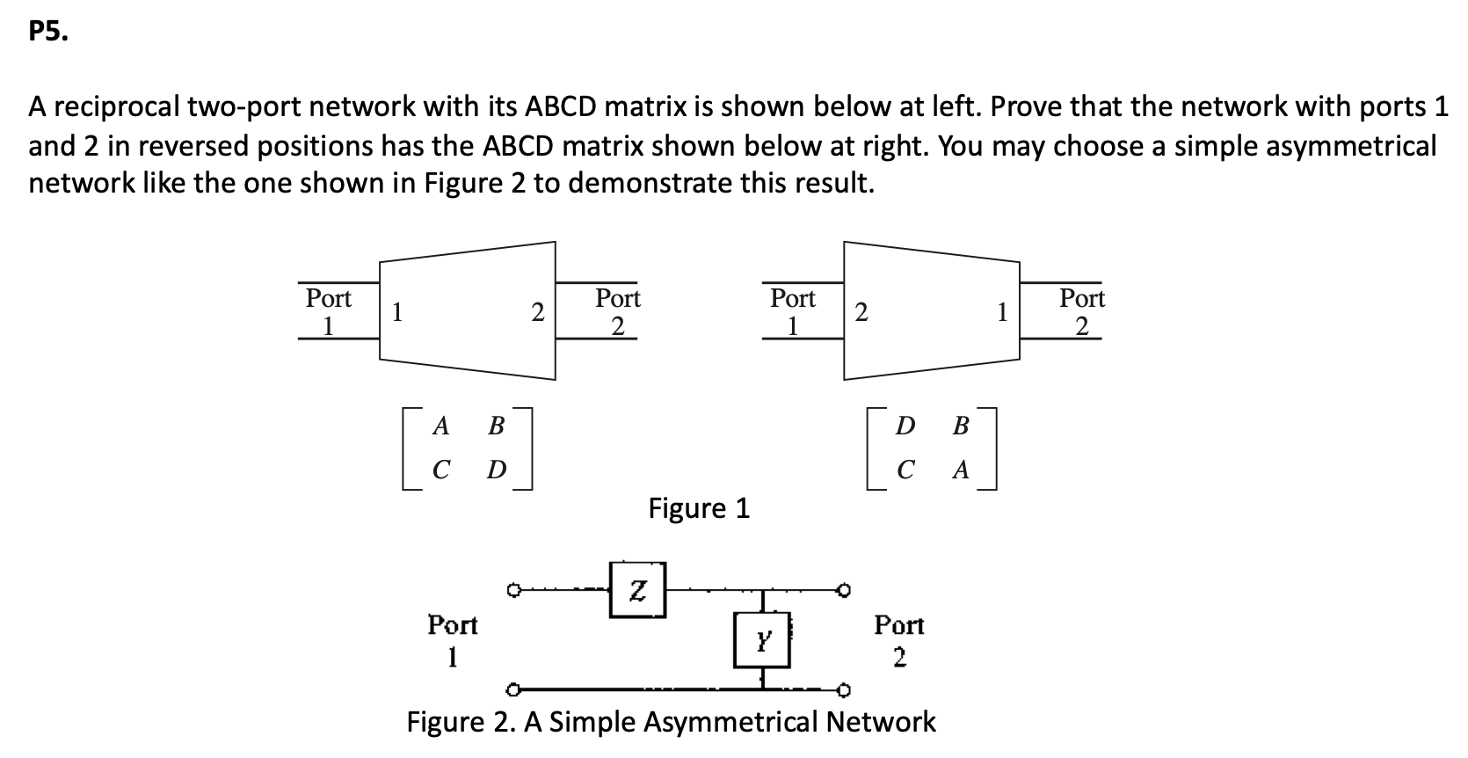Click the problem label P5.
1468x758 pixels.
point(46,33)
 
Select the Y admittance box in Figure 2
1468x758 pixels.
point(762,639)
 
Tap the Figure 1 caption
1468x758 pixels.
point(699,508)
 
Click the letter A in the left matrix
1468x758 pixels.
point(441,426)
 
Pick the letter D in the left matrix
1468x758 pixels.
point(496,470)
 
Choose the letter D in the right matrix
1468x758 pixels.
point(905,426)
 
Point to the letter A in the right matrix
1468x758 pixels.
point(961,470)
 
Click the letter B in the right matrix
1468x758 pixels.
point(961,426)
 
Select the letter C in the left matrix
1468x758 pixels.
point(441,470)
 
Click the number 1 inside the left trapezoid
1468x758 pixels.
point(397,312)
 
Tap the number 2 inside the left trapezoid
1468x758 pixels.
point(538,312)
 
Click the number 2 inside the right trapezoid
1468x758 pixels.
point(861,312)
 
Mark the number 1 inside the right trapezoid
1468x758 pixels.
point(1001,312)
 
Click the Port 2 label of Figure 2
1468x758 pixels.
point(898,640)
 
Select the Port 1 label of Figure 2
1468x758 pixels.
point(452,640)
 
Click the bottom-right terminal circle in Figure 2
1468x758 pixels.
point(845,689)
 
